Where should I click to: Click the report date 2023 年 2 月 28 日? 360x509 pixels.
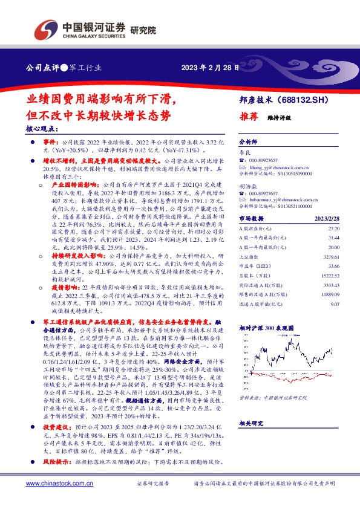point(203,68)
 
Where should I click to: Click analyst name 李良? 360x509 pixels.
point(244,152)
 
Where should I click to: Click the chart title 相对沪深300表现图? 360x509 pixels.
point(264,327)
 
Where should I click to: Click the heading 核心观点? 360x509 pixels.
point(42,129)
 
